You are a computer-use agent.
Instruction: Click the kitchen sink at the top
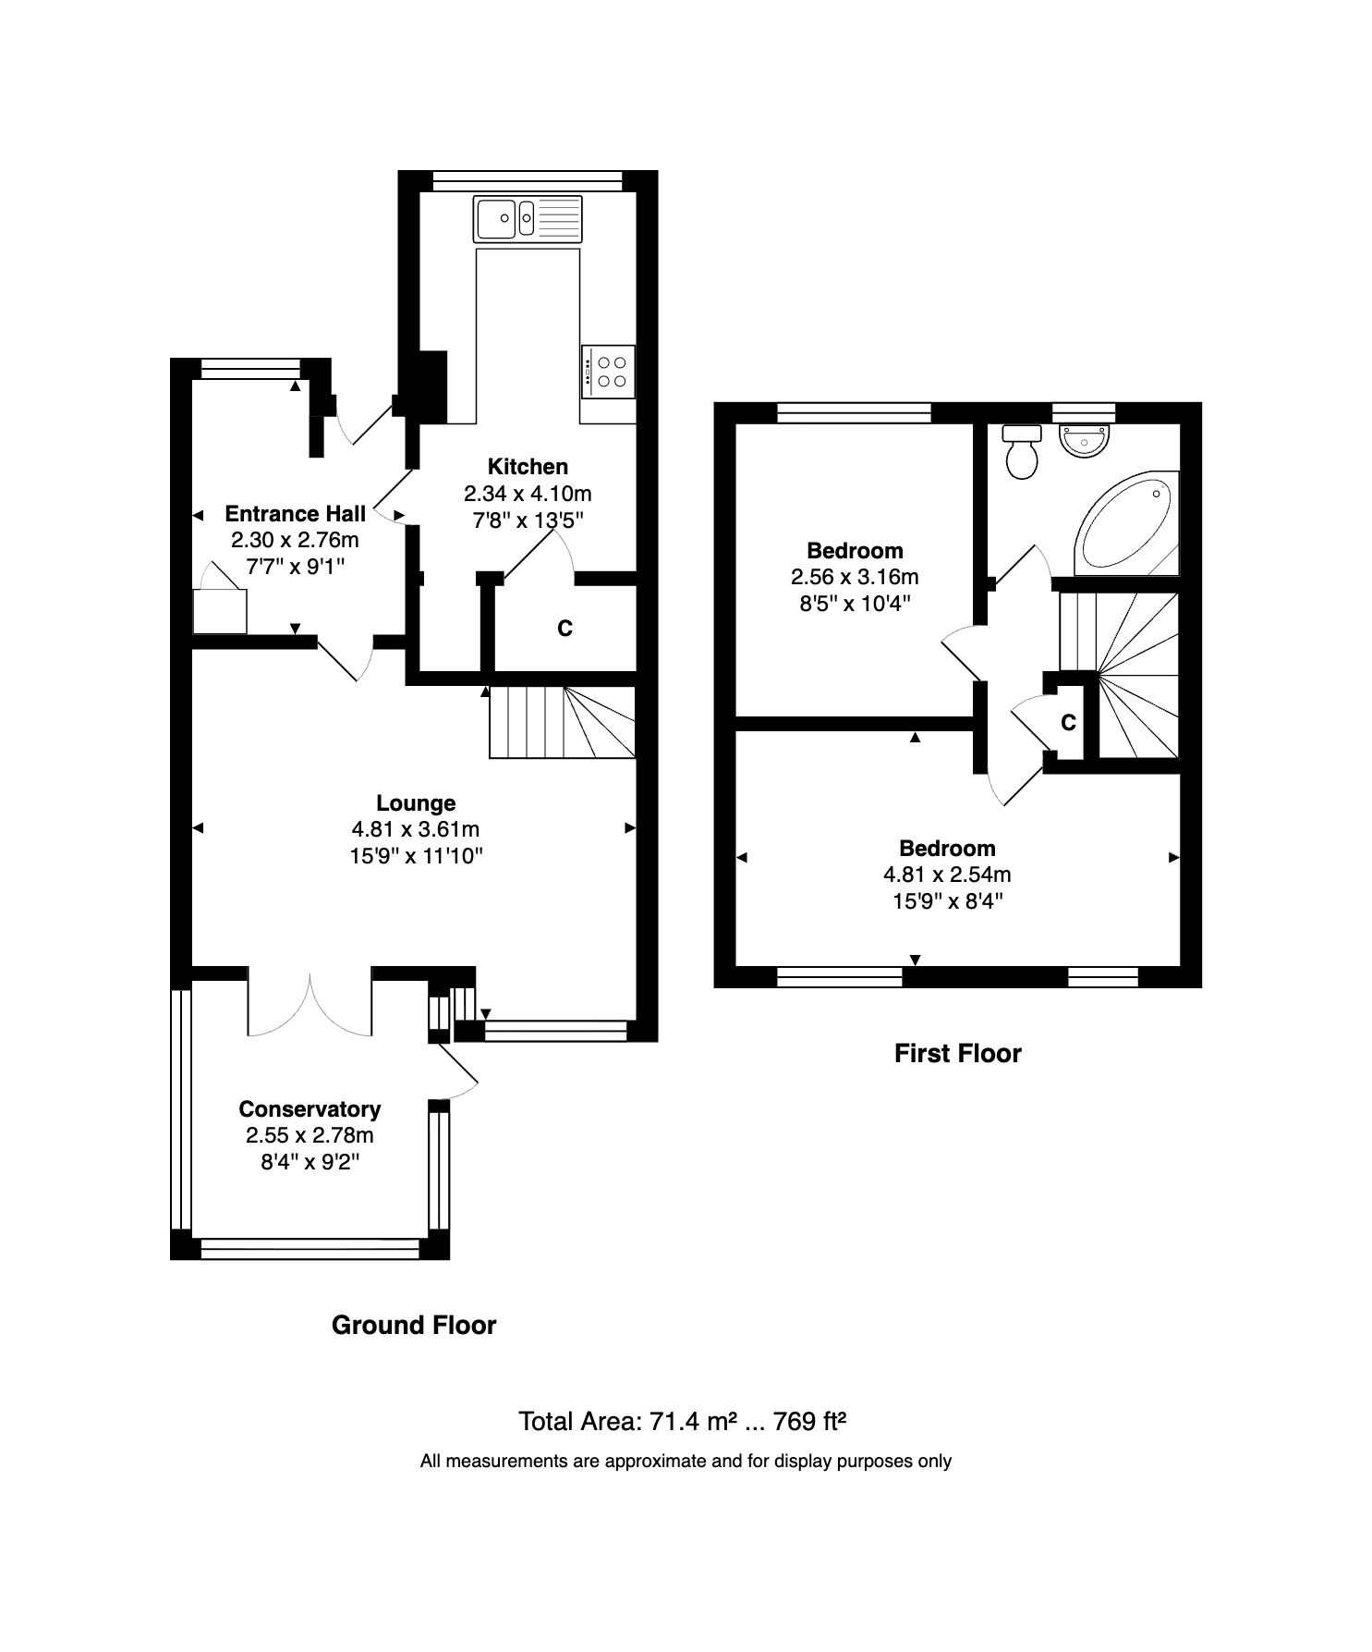(528, 218)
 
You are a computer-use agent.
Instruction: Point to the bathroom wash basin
(1085, 440)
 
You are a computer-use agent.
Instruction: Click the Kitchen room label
(528, 467)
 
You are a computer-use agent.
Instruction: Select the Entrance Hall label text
(295, 514)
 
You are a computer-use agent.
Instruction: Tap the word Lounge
(416, 803)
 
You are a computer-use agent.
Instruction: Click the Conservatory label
(310, 1109)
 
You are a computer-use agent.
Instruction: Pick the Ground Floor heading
(414, 1326)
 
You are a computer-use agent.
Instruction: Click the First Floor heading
(957, 1054)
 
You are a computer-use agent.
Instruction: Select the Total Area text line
(683, 1421)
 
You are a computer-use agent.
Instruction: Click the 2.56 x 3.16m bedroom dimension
(855, 578)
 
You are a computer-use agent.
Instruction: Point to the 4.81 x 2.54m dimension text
(947, 875)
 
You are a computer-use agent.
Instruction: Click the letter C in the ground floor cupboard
(565, 629)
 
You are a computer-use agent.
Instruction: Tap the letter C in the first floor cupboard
(1068, 722)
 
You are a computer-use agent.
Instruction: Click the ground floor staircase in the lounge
(562, 722)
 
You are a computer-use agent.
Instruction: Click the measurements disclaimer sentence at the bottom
(686, 1462)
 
